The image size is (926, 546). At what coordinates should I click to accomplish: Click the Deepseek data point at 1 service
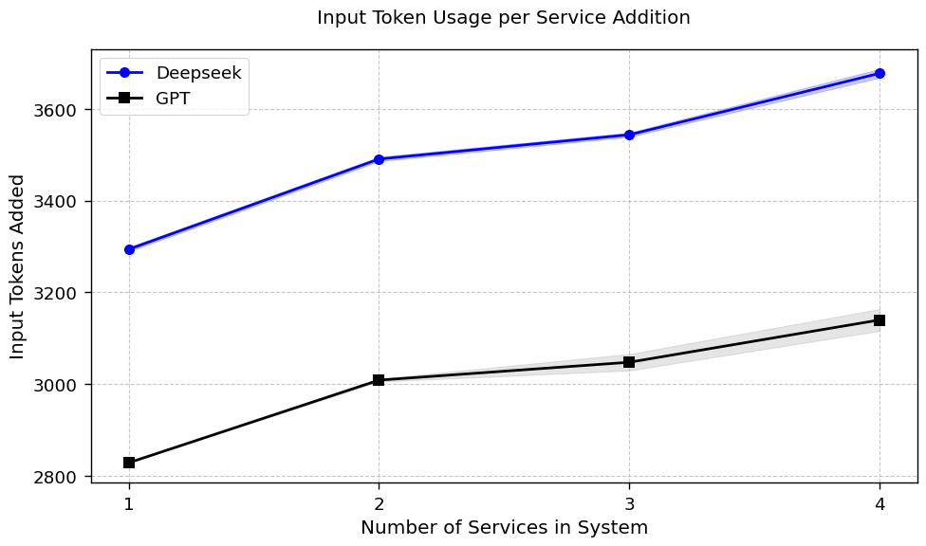[129, 249]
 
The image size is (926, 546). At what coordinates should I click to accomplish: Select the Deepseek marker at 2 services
[379, 159]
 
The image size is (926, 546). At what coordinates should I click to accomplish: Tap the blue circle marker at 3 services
[629, 135]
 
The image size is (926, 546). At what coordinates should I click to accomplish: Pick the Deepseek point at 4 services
[880, 73]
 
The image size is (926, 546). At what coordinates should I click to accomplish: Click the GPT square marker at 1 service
[129, 463]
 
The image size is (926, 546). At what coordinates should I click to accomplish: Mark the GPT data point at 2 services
[379, 380]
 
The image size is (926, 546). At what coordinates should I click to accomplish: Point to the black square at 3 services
[629, 362]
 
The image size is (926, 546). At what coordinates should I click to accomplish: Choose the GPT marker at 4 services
[880, 320]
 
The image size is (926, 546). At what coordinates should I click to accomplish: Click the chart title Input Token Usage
[504, 18]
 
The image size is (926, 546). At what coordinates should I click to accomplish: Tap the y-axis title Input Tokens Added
[18, 266]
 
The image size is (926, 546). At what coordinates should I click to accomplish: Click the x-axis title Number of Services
[504, 528]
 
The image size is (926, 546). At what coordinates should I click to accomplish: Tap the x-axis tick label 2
[379, 504]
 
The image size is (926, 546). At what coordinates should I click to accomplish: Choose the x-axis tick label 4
[880, 504]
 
